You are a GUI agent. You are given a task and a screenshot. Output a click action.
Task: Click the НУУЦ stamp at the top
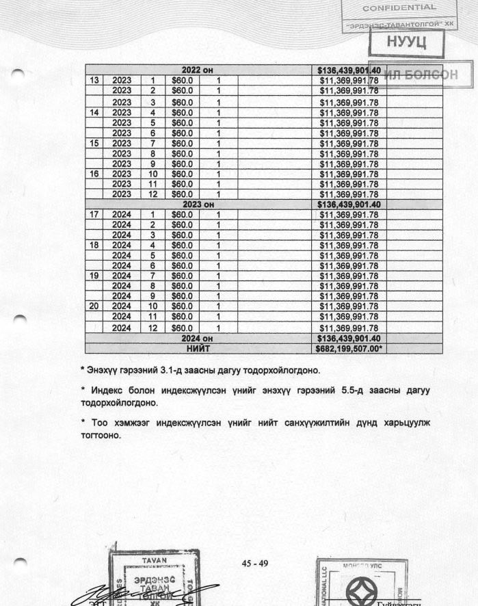tap(406, 42)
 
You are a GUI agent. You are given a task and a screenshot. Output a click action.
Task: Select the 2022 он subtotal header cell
tap(198, 70)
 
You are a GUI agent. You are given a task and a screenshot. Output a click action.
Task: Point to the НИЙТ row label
tap(198, 348)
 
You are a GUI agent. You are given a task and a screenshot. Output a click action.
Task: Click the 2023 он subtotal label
tap(198, 205)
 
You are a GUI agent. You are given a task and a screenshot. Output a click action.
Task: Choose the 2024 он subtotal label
tap(198, 338)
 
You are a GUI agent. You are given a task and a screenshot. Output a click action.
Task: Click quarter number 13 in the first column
tap(94, 80)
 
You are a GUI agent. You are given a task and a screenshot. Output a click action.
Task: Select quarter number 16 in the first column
tap(94, 174)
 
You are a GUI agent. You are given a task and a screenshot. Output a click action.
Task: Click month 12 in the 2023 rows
tap(153, 195)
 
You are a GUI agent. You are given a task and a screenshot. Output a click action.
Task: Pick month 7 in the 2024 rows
tap(153, 276)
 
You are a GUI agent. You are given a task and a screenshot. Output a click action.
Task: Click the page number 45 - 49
tap(255, 564)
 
